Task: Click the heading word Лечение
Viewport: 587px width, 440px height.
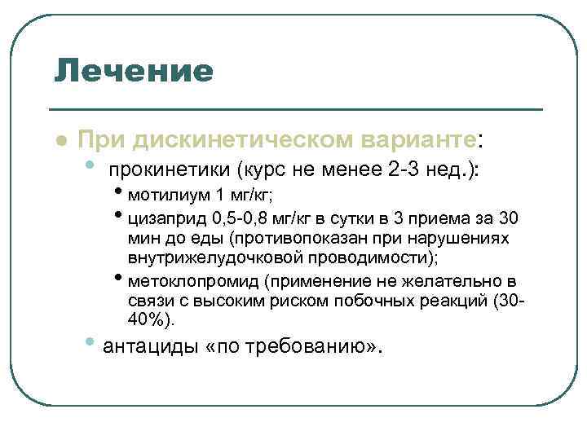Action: (133, 71)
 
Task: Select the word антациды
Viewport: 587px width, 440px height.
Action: (152, 346)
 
